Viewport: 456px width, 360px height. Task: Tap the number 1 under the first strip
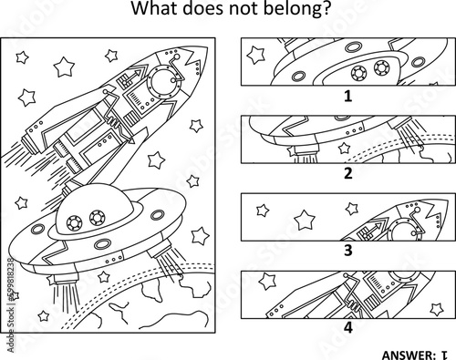pyautogui.click(x=348, y=96)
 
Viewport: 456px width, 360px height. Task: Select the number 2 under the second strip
pyautogui.click(x=348, y=173)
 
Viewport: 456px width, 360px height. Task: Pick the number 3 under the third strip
pyautogui.click(x=348, y=251)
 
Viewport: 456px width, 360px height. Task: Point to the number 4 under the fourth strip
pyautogui.click(x=348, y=328)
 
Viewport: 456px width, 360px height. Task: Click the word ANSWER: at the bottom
pyautogui.click(x=409, y=355)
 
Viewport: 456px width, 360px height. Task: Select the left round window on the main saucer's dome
pyautogui.click(x=75, y=222)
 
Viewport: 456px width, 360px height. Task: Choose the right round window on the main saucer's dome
pyautogui.click(x=98, y=218)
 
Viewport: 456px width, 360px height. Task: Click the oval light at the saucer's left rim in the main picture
pyautogui.click(x=37, y=229)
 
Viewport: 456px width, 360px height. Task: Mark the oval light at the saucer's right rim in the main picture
pyautogui.click(x=158, y=215)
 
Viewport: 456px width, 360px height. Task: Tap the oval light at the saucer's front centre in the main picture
pyautogui.click(x=102, y=243)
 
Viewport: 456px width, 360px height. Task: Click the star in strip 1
pyautogui.click(x=255, y=55)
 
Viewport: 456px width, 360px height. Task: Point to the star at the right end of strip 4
pyautogui.click(x=437, y=309)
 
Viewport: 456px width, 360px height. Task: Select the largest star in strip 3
pyautogui.click(x=305, y=221)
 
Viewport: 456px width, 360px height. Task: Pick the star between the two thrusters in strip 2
pyautogui.click(x=344, y=148)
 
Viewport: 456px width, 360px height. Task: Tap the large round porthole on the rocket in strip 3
pyautogui.click(x=403, y=231)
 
